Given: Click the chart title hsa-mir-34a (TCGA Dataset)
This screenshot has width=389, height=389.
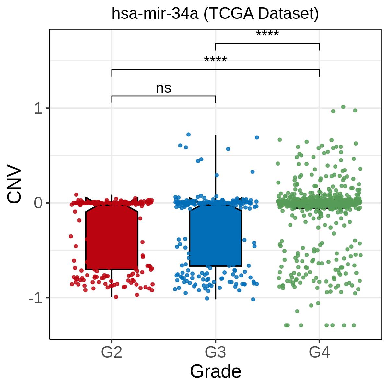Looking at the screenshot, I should click(215, 14).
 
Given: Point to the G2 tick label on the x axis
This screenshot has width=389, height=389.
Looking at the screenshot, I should click(112, 352).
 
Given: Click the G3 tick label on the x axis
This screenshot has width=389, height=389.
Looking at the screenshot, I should click(216, 352).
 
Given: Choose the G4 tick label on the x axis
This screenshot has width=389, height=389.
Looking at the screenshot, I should click(319, 352).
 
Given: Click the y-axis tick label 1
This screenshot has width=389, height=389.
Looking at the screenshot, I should click(39, 109).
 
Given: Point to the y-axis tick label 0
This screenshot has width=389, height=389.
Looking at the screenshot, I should click(39, 203).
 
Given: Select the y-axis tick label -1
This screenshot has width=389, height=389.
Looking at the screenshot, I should click(35, 298).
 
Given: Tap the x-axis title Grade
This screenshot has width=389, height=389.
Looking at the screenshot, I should click(215, 371).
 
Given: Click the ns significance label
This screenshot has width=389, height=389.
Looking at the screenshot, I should click(163, 88).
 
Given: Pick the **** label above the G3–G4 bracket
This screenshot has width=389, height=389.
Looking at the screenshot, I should click(267, 34).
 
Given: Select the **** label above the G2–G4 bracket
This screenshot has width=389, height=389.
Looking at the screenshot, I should click(216, 60).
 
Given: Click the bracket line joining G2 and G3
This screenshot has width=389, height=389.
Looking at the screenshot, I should click(163, 96).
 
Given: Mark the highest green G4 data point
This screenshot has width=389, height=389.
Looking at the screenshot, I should click(343, 107).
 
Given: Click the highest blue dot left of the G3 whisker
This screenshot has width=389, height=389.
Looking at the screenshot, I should click(188, 134).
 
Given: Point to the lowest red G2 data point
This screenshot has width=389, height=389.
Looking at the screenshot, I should click(116, 297).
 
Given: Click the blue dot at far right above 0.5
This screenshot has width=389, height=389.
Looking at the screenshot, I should click(257, 137).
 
